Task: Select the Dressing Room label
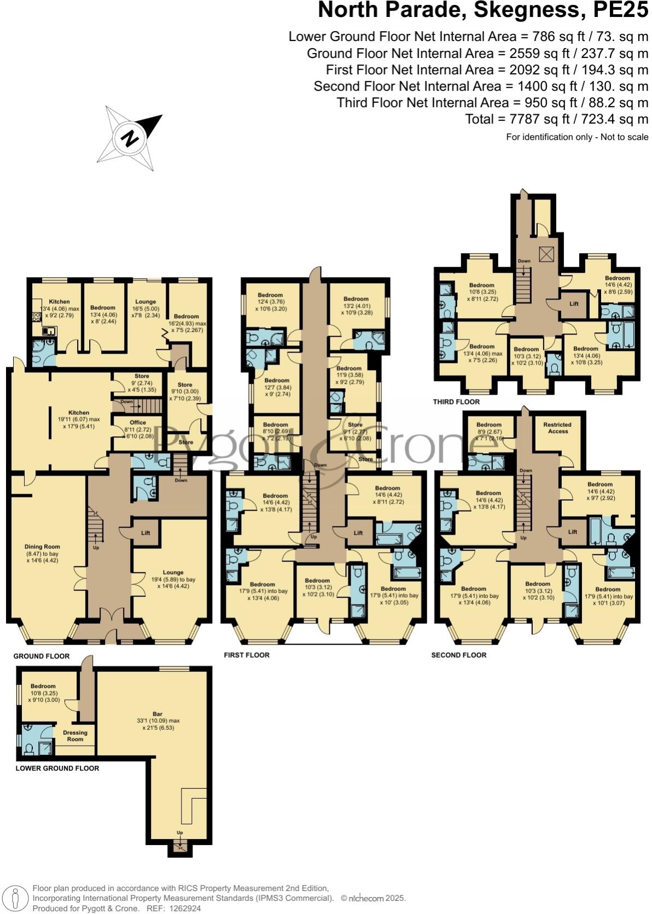(75, 736)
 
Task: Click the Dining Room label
(42, 547)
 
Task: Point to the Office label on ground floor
(138, 423)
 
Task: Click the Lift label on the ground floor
(145, 533)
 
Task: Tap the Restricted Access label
(557, 427)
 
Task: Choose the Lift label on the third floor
(574, 304)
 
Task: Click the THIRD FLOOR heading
(456, 402)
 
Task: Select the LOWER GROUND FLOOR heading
(57, 768)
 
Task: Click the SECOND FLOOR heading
(458, 655)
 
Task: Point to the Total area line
(556, 119)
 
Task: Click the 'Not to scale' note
(624, 137)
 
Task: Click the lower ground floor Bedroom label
(43, 687)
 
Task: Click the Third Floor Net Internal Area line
(492, 103)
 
